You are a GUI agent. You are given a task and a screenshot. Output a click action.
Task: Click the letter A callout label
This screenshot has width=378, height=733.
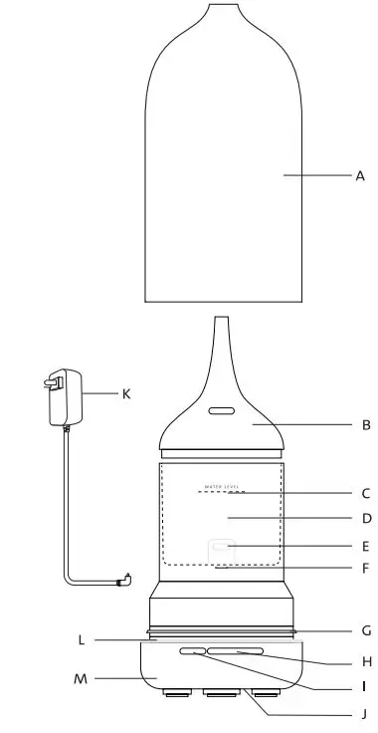click(360, 175)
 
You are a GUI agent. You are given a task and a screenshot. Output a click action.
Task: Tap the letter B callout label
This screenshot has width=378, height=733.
click(366, 425)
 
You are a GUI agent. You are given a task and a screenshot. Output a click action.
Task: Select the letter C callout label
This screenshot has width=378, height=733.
click(366, 493)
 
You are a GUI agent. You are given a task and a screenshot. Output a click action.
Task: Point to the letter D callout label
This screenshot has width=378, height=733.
click(366, 518)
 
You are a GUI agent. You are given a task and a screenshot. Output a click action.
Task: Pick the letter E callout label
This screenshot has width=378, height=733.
click(366, 546)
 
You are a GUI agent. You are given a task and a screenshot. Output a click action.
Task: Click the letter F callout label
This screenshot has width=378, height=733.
click(366, 570)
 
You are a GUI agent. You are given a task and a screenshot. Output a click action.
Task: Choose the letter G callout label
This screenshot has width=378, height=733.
click(366, 630)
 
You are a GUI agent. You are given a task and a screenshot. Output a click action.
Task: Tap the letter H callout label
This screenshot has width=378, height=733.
click(366, 660)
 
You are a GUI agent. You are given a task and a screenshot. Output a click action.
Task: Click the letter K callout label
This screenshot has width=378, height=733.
click(126, 393)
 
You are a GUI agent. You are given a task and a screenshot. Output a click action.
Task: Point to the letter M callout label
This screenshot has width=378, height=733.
click(81, 680)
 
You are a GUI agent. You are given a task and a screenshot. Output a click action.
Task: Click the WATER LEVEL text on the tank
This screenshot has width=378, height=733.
click(222, 487)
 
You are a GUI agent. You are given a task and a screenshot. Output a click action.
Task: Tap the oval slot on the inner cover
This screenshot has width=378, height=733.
click(221, 409)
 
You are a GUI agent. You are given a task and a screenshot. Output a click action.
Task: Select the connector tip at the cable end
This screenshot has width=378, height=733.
click(123, 581)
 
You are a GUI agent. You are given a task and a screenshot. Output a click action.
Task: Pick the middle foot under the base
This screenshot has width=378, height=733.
click(221, 694)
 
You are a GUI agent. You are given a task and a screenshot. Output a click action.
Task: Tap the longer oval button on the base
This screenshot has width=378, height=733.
click(237, 652)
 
